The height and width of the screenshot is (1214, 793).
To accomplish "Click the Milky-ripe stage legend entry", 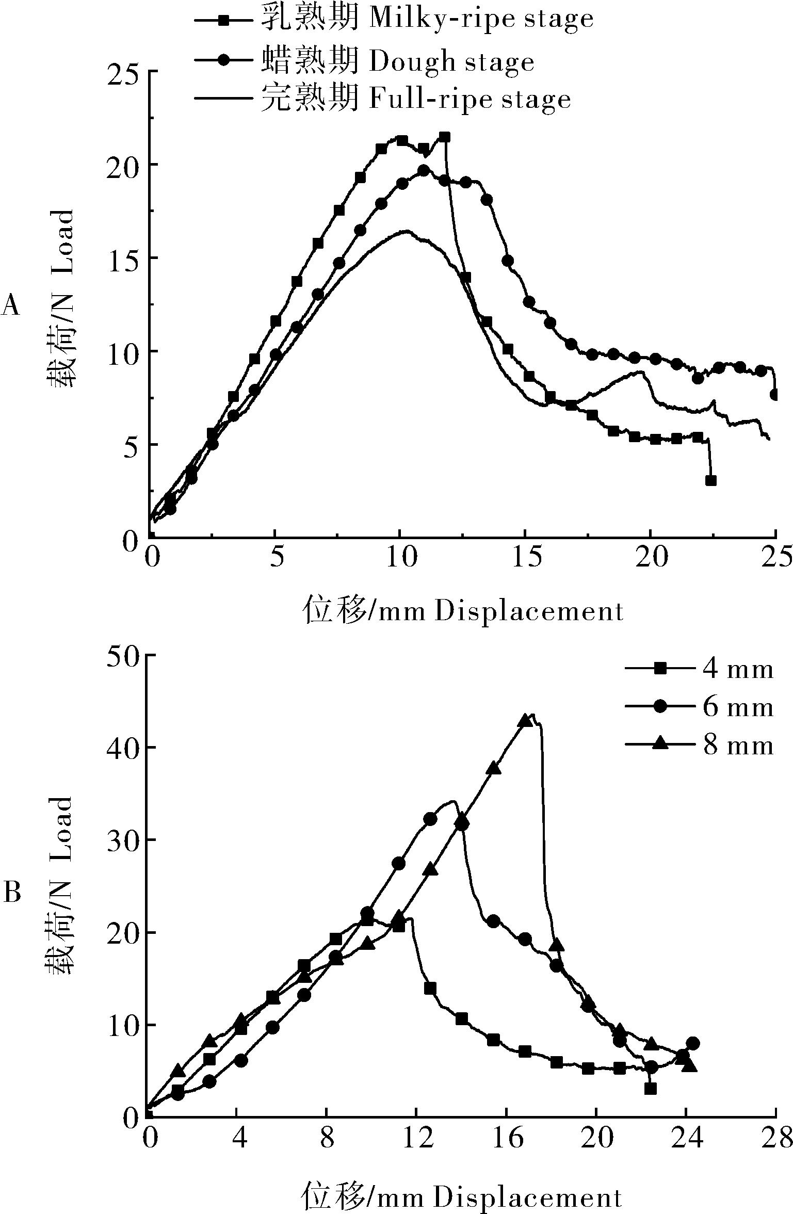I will tap(395, 19).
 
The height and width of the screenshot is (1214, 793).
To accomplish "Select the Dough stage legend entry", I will tap(365, 61).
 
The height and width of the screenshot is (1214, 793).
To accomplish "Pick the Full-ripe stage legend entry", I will tap(383, 98).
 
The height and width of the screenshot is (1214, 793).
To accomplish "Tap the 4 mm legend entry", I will tap(700, 669).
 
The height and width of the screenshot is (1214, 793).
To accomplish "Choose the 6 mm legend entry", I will tap(700, 707).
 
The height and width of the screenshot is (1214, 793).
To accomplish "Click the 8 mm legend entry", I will tap(700, 745).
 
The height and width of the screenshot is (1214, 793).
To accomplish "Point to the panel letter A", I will tap(11, 305).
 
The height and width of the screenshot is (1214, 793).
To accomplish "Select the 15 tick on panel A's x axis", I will tap(525, 558).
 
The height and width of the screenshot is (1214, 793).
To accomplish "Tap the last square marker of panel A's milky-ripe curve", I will tap(710, 480).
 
